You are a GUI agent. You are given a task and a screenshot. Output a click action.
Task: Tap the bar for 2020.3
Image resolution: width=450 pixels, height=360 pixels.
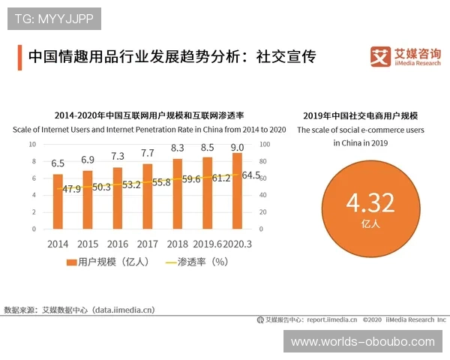(x=238, y=190)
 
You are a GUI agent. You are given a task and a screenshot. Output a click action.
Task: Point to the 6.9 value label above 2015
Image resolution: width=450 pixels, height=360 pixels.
(x=88, y=160)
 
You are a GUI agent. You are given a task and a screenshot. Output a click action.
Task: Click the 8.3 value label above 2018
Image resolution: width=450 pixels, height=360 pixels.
(x=178, y=148)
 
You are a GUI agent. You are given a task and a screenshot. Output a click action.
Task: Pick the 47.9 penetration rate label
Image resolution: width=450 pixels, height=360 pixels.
(x=72, y=189)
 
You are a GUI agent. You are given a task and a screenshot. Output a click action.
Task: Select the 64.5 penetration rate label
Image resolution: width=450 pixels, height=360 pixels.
(x=251, y=175)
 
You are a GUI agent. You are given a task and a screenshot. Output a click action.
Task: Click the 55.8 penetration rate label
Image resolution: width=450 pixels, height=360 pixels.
(x=161, y=182)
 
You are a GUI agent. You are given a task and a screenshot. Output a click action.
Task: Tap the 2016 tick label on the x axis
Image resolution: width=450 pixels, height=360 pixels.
(x=118, y=244)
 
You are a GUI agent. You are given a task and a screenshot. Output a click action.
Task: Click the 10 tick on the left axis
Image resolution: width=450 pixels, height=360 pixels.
(x=33, y=144)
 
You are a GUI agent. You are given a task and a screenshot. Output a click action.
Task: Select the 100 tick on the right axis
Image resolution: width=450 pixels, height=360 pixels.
(x=265, y=144)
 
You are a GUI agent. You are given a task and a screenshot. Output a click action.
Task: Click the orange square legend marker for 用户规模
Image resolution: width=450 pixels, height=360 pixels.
(x=72, y=262)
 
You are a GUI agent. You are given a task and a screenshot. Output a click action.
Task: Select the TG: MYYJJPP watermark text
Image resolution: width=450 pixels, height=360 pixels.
(x=54, y=18)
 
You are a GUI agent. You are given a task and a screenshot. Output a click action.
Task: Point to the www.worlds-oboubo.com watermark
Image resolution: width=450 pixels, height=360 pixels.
(x=363, y=342)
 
